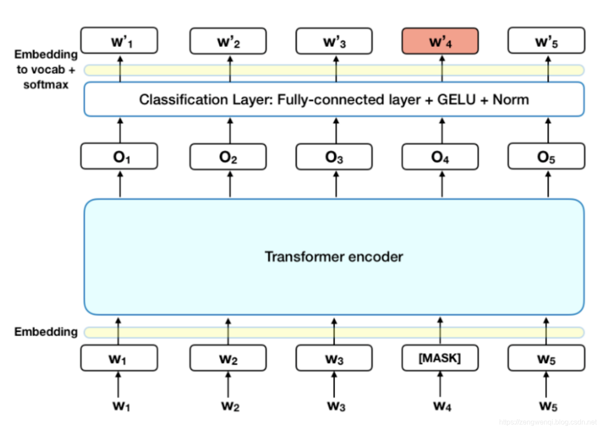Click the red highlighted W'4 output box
(x=440, y=41)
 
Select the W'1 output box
(x=119, y=41)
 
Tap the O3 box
(x=334, y=156)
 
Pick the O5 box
(x=546, y=156)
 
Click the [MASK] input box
(x=440, y=358)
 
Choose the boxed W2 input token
(x=228, y=358)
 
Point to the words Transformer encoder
(x=334, y=257)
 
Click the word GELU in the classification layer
(x=456, y=100)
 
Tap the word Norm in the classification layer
(x=510, y=100)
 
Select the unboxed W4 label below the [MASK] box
(x=442, y=406)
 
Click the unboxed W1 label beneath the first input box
(x=121, y=406)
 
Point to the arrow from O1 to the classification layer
(x=120, y=130)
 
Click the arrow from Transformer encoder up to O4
(x=442, y=184)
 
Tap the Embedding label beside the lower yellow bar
(x=46, y=332)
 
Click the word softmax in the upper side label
(x=46, y=84)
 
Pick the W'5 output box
(x=546, y=41)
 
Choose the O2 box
(x=228, y=156)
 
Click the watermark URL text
(x=547, y=422)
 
